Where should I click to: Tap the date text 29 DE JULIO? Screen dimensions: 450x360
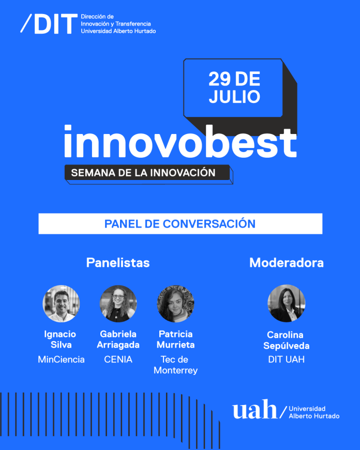coord(234,88)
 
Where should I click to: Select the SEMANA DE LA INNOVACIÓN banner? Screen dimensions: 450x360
coord(147,173)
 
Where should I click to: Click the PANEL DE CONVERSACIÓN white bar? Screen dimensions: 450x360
coord(180,224)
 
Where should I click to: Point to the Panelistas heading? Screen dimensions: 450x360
coord(118,263)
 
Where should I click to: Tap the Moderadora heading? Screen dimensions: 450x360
coord(287,263)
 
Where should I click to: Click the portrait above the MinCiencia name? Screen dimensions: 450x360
coord(61,304)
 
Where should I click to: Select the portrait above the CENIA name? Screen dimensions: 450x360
coord(118,304)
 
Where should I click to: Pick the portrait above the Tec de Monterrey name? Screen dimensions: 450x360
coord(176,304)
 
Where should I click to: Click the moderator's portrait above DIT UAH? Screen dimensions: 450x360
coord(287,304)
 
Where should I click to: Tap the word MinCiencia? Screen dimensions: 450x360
coord(61,359)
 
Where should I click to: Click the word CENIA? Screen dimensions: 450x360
coord(118,359)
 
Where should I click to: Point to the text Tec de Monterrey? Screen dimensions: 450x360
coord(176,365)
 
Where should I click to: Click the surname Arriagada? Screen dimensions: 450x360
coord(118,346)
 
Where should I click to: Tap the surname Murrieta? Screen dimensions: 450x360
coord(176,346)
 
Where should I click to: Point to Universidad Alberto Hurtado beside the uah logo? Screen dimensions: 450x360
coord(314,412)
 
